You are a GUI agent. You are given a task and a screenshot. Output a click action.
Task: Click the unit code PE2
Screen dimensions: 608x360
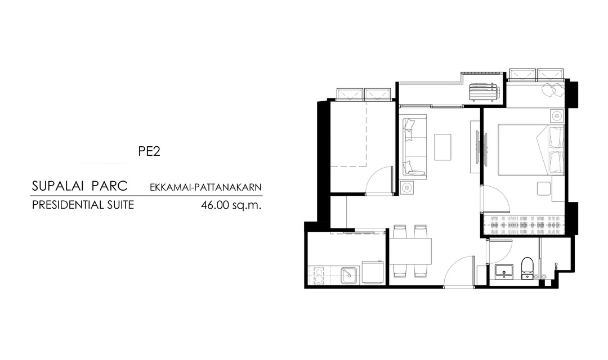(149, 151)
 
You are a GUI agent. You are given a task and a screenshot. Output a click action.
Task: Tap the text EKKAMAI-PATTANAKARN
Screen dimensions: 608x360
(205, 187)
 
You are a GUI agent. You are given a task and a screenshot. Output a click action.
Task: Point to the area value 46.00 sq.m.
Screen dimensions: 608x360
(231, 205)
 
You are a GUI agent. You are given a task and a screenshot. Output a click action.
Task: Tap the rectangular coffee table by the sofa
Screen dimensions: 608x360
(442, 147)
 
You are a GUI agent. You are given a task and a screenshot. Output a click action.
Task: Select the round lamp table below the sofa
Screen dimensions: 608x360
(407, 188)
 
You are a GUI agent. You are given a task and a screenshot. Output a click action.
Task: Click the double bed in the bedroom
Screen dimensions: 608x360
(531, 150)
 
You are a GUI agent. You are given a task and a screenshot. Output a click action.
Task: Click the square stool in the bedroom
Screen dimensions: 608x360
(544, 188)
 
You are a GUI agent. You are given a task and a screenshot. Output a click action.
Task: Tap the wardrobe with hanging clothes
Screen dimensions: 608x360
(524, 224)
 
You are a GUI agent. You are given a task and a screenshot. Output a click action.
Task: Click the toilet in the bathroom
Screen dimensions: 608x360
(527, 268)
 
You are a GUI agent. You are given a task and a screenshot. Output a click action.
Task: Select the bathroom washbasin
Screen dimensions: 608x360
(504, 271)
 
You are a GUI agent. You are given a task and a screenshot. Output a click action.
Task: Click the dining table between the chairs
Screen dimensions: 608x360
(410, 251)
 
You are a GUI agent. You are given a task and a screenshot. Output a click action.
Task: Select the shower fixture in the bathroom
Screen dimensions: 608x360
(556, 266)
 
